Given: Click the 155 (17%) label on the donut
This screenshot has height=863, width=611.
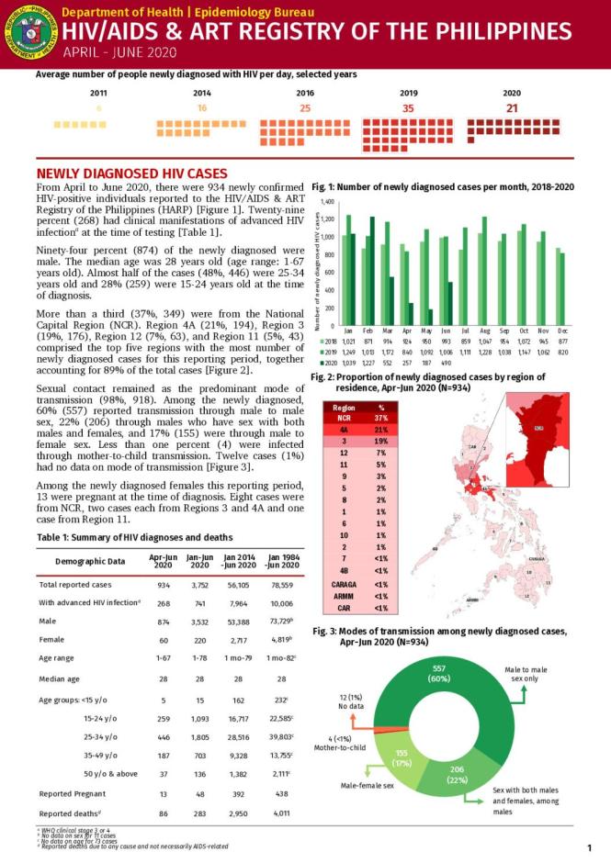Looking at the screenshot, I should (x=401, y=757).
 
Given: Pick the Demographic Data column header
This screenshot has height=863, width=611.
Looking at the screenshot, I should (x=90, y=560).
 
